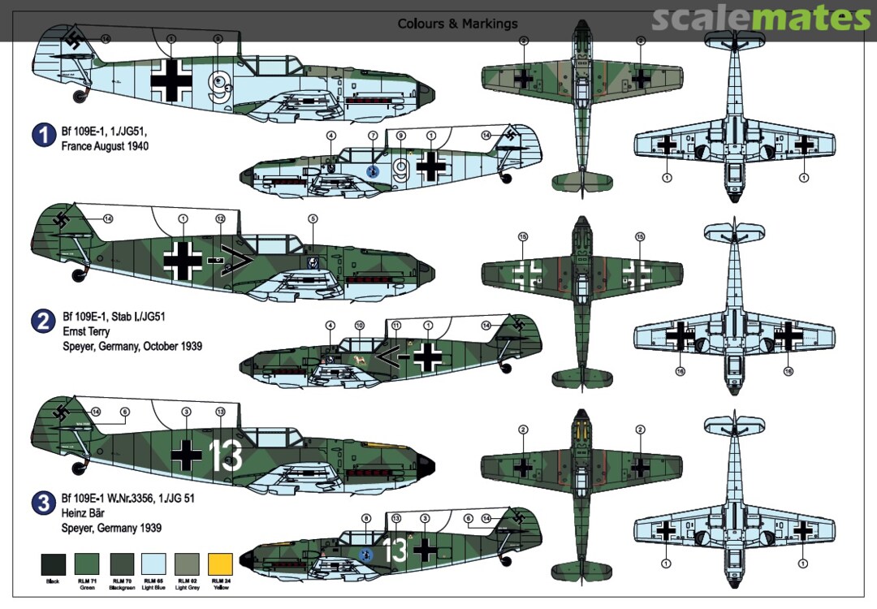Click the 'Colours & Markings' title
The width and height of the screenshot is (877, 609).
pyautogui.click(x=457, y=24)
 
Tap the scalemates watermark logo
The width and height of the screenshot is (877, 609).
pyautogui.click(x=761, y=18)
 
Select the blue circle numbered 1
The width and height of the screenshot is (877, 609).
pyautogui.click(x=44, y=135)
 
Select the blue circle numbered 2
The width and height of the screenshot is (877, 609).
pyautogui.click(x=44, y=322)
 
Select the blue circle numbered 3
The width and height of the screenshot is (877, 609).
pyautogui.click(x=44, y=504)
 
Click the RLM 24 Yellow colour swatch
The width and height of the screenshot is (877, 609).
pyautogui.click(x=219, y=563)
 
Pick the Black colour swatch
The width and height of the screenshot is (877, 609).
pyautogui.click(x=53, y=563)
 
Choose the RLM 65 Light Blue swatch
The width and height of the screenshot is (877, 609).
pyautogui.click(x=153, y=563)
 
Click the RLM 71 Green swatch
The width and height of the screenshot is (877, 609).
pyautogui.click(x=86, y=563)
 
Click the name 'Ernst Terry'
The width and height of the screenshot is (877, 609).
pyautogui.click(x=89, y=331)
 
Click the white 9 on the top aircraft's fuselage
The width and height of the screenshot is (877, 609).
pyautogui.click(x=218, y=84)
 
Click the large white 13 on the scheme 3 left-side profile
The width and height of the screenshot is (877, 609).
pyautogui.click(x=225, y=456)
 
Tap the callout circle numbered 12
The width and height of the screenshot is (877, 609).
pyautogui.click(x=220, y=218)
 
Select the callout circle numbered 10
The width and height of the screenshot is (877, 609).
pyautogui.click(x=359, y=326)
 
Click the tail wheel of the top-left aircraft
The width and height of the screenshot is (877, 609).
pyautogui.click(x=80, y=97)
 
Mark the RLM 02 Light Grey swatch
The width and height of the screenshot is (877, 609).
pyautogui.click(x=186, y=563)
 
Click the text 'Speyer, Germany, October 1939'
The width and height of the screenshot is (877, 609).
pyautogui.click(x=132, y=347)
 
